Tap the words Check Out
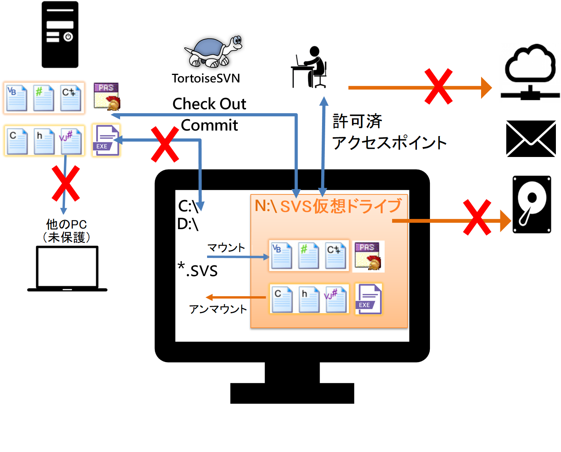click(209, 104)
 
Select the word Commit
click(209, 125)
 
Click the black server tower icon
click(60, 35)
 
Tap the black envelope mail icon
click(531, 139)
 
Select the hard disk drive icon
click(531, 204)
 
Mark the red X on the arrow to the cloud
click(438, 87)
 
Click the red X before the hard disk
click(477, 217)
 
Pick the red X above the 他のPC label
click(66, 183)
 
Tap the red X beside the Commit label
click(165, 144)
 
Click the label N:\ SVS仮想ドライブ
click(328, 206)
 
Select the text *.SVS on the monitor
click(198, 270)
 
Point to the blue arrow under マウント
click(238, 257)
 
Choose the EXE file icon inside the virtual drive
click(368, 299)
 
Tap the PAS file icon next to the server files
click(107, 96)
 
